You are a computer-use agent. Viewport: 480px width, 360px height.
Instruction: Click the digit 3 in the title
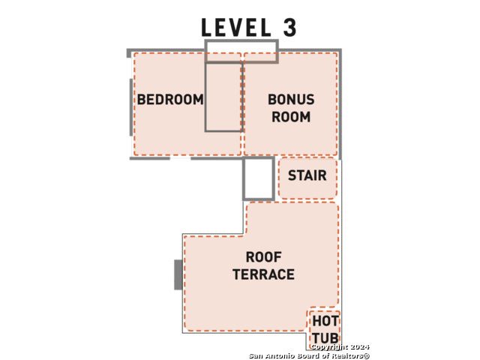[x=289, y=27]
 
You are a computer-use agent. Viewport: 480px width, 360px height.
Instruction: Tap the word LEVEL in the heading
[x=235, y=27]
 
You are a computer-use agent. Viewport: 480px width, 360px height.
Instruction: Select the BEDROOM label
[x=170, y=100]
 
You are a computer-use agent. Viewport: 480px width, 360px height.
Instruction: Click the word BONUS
[x=291, y=100]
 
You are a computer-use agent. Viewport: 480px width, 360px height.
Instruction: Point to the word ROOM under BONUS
[x=291, y=117]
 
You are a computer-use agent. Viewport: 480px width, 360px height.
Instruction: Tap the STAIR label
[x=307, y=175]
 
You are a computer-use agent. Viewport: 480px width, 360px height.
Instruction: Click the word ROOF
[x=263, y=257]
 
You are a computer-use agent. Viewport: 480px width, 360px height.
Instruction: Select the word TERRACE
[x=263, y=274]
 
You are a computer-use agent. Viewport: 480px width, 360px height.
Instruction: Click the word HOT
[x=325, y=321]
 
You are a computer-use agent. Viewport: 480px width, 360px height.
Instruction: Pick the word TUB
[x=325, y=338]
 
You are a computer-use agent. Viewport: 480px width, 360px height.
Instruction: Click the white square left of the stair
[x=259, y=178]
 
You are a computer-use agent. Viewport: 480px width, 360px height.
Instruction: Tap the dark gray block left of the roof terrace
[x=178, y=274]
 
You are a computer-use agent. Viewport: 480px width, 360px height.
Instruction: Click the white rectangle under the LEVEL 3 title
[x=241, y=52]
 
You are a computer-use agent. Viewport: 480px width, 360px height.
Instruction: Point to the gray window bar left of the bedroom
[x=131, y=107]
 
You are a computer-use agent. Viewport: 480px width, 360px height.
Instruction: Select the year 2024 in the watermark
[x=360, y=347]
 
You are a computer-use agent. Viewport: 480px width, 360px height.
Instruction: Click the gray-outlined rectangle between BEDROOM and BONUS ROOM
[x=223, y=97]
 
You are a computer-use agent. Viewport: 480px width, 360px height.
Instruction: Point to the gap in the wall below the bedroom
[x=180, y=158]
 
